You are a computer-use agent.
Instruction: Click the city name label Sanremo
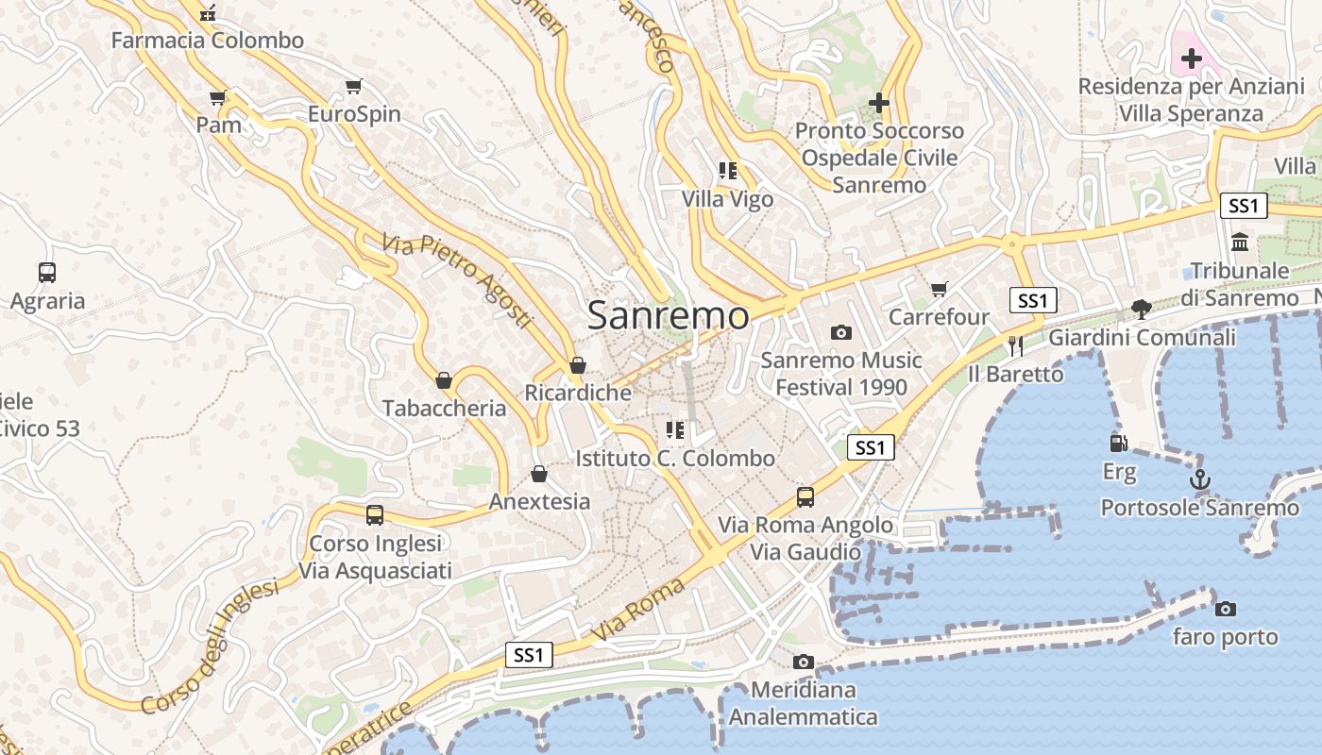coord(669,315)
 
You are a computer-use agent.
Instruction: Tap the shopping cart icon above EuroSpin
coord(354,87)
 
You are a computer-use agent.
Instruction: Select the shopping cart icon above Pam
coord(218,97)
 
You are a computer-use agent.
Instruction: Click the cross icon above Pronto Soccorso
coord(879,102)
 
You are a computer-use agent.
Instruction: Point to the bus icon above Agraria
coord(47,273)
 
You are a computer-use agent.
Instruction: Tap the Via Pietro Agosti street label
coord(458,282)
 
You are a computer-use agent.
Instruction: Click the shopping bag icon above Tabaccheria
coord(444,380)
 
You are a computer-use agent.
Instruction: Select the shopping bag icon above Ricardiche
coord(578,365)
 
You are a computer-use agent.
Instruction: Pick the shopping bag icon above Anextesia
coord(539,473)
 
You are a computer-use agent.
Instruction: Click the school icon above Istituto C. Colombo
coord(675,430)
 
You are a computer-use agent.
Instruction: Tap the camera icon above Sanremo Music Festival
coord(840,332)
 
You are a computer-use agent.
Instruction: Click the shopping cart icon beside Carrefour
coord(939,289)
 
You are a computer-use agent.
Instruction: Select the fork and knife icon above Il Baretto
coord(1016,345)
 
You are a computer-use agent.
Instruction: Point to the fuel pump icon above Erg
coord(1118,443)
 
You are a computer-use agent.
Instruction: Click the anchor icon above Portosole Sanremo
coord(1199,479)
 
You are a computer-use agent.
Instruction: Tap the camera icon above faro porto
coord(1225,609)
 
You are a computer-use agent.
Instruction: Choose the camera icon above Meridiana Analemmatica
coord(803,662)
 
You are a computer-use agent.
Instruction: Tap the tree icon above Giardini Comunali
coord(1142,309)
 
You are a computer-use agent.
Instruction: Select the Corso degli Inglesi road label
coord(211,646)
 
